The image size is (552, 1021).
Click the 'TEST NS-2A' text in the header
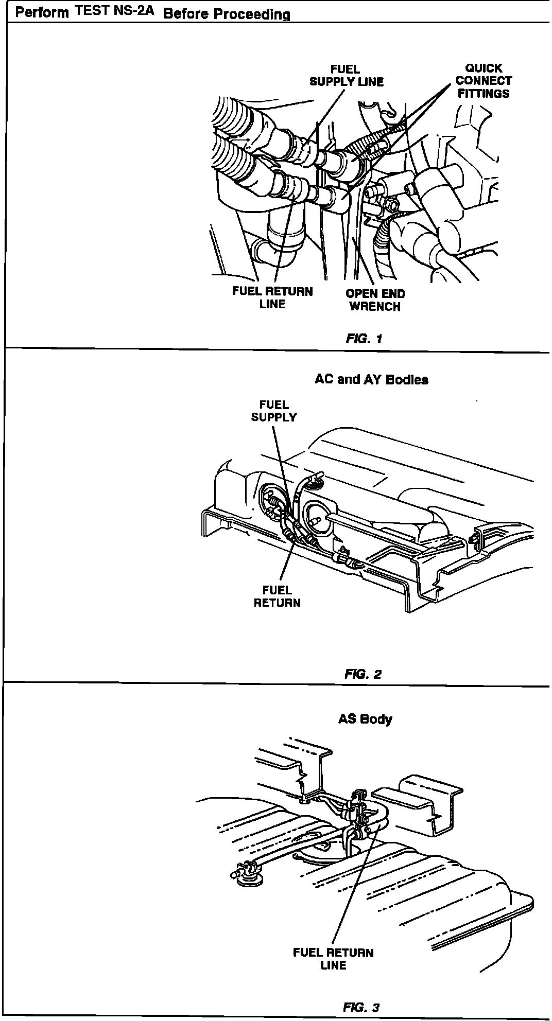tap(114, 12)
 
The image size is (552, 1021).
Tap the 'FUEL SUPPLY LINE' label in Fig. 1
tap(346, 76)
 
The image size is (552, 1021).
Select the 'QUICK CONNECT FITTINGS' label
tap(484, 81)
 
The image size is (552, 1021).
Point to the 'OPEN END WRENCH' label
tap(375, 300)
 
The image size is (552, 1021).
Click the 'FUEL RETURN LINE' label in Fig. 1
tap(272, 297)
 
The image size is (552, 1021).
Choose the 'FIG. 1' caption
tap(364, 339)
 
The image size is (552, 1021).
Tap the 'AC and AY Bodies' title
tap(371, 380)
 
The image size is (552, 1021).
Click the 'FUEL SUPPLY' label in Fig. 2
tap(274, 411)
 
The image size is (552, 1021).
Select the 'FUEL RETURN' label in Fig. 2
tap(277, 596)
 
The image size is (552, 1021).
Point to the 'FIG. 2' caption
tap(363, 674)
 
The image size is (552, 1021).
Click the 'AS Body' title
tap(365, 719)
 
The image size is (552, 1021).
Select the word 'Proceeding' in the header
tap(252, 14)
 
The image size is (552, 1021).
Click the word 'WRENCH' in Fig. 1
tap(375, 306)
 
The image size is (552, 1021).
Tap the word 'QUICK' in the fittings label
tap(484, 68)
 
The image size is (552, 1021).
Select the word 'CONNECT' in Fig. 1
tap(484, 81)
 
